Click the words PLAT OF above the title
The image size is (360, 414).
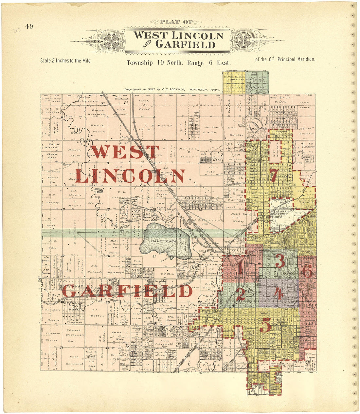pyautogui.click(x=176, y=22)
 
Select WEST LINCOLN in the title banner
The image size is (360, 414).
pyautogui.click(x=179, y=35)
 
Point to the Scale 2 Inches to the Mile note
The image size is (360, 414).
pyautogui.click(x=65, y=61)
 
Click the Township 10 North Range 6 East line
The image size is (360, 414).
pyautogui.click(x=179, y=63)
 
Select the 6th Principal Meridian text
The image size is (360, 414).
pyautogui.click(x=285, y=59)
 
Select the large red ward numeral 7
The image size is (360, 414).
pyautogui.click(x=274, y=176)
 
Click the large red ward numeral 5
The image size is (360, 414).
pyautogui.click(x=265, y=325)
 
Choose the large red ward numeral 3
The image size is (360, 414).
pyautogui.click(x=280, y=261)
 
